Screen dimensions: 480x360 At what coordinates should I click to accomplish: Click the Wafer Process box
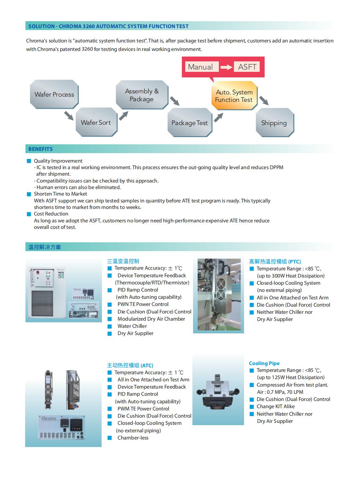click(54, 94)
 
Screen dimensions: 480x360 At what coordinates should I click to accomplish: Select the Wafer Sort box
click(96, 122)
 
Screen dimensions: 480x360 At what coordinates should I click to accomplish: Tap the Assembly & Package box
click(142, 95)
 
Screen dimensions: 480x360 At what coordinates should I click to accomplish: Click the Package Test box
click(189, 123)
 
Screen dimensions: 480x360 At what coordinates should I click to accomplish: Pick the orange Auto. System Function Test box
click(234, 96)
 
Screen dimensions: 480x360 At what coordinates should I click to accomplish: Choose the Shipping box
click(274, 123)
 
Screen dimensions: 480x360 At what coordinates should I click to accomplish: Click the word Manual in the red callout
click(200, 67)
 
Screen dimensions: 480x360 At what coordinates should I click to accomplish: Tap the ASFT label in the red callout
click(247, 67)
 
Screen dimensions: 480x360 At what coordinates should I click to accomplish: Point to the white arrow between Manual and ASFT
click(226, 67)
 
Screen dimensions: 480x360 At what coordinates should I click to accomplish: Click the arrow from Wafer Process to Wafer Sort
click(69, 116)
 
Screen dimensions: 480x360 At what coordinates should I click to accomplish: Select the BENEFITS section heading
click(41, 149)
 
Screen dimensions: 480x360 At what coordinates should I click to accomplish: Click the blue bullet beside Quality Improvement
click(29, 161)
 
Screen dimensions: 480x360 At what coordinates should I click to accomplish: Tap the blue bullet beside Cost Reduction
click(29, 214)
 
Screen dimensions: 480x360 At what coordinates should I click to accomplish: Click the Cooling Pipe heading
click(264, 363)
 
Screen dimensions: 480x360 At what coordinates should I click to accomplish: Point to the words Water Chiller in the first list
click(132, 326)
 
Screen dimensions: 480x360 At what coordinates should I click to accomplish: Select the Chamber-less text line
click(133, 438)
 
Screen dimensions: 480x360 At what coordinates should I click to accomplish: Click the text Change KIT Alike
click(275, 406)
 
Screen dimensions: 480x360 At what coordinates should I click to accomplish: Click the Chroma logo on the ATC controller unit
click(49, 418)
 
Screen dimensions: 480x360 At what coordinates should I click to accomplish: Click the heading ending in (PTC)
click(275, 261)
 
